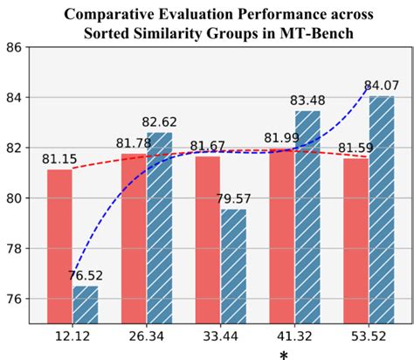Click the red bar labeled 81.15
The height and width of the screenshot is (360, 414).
[59, 246]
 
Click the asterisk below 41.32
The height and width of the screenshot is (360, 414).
[283, 354]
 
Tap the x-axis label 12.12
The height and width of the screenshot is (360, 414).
[72, 336]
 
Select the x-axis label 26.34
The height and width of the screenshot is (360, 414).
[146, 336]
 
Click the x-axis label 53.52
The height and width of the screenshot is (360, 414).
[368, 336]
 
